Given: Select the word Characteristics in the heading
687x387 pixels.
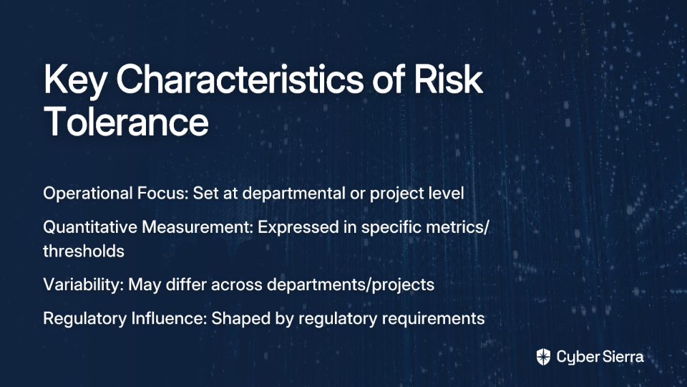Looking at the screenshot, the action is pos(240,79).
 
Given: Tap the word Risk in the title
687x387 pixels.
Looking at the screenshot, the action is pos(448,79).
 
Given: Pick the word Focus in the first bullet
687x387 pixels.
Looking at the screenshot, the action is pos(163,193).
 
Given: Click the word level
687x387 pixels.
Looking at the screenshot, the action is pos(444,193).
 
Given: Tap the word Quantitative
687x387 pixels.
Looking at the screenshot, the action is pos(90,227).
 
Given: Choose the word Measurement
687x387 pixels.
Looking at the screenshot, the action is pos(198,227).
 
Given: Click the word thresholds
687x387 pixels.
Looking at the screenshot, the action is pos(84,251).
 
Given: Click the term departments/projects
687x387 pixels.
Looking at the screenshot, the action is pos(351,285).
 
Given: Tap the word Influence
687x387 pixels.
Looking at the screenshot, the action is pos(169,318).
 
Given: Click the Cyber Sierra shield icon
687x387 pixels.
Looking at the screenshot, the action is pos(543,357).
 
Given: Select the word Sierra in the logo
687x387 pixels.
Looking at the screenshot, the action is pos(623,357).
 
